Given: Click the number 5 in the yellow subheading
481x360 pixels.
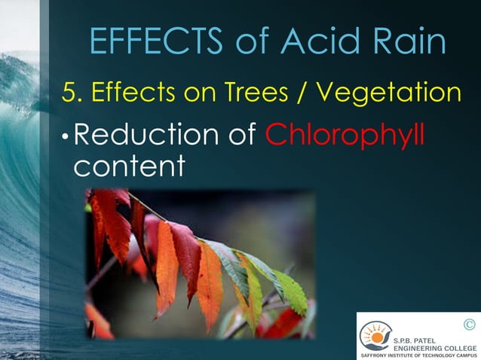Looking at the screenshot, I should (69, 93).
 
